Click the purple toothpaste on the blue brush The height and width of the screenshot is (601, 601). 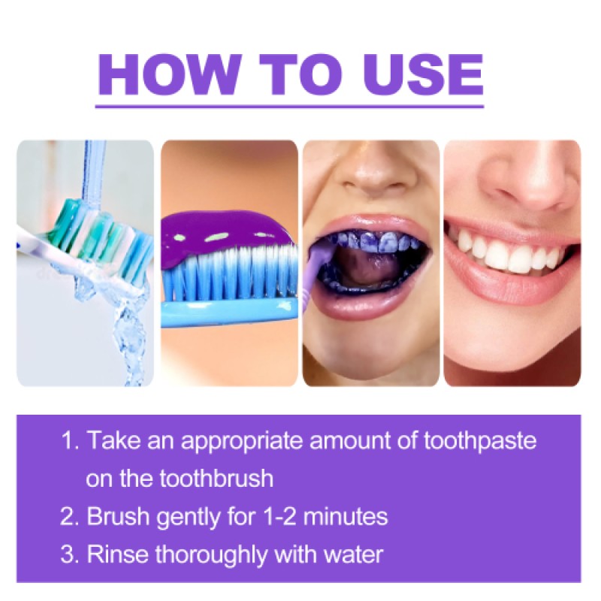click(x=225, y=229)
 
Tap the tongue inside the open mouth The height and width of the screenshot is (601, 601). click(x=368, y=274)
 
